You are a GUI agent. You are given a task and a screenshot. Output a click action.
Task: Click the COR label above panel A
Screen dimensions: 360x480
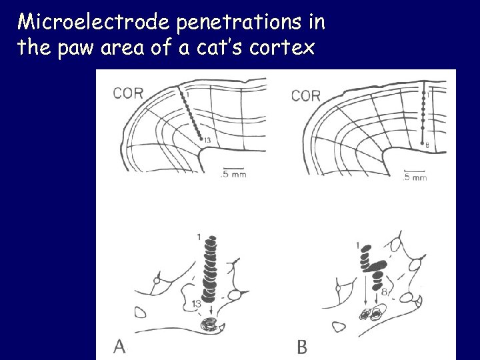[129, 93]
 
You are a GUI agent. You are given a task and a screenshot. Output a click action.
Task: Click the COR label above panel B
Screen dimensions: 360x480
[306, 95]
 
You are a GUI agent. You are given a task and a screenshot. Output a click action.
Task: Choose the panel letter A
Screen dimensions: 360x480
[120, 345]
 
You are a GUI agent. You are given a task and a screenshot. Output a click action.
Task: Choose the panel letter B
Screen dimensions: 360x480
[303, 346]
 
